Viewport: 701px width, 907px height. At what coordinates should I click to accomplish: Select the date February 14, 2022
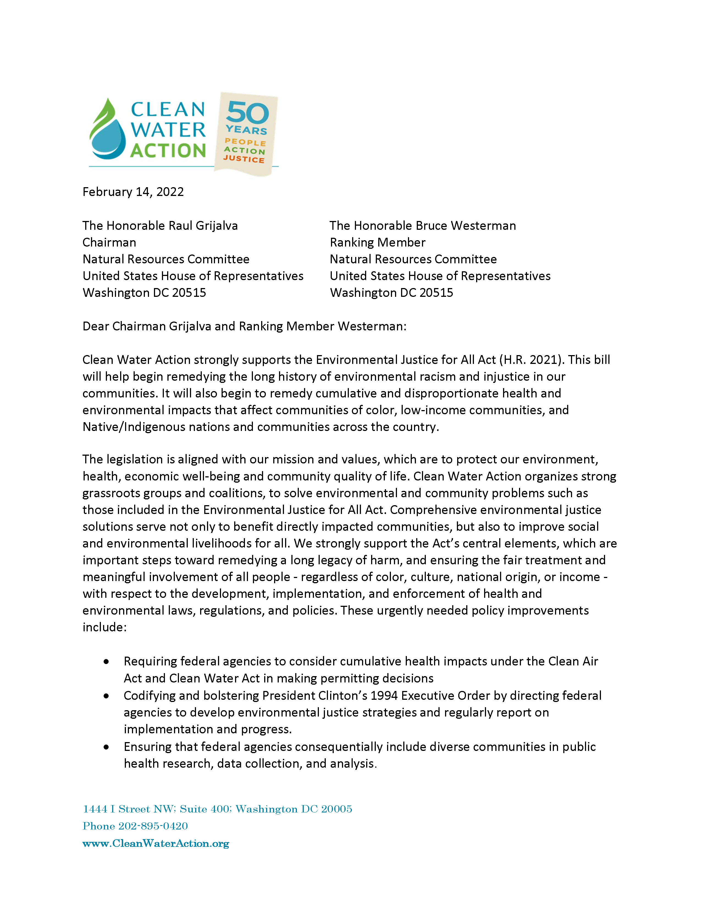(133, 192)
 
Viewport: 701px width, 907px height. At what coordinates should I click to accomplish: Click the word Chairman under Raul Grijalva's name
(109, 242)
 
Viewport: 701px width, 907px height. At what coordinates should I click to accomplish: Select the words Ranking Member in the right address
(377, 242)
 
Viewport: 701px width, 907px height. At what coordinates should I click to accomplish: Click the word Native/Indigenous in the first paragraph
(134, 427)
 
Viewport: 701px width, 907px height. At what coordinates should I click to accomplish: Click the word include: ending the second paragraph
(104, 627)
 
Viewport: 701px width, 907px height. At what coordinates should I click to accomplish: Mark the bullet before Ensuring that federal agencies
(107, 747)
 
